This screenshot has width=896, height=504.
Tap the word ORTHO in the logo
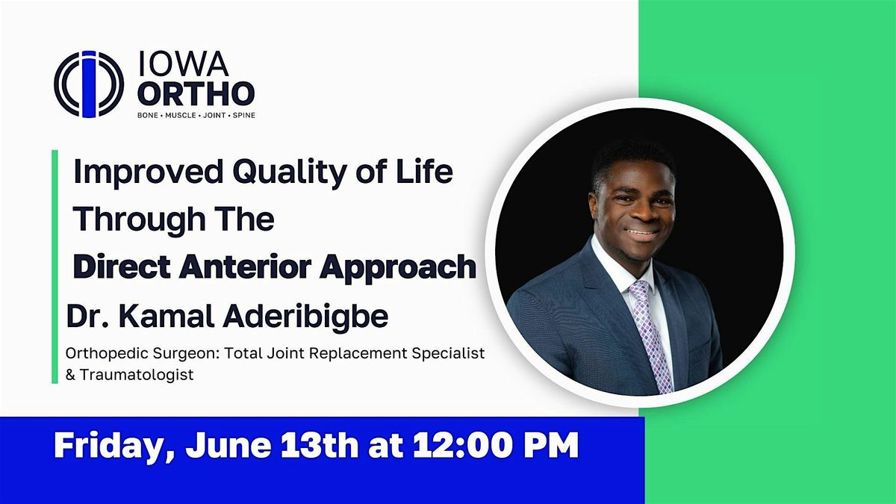coord(196,94)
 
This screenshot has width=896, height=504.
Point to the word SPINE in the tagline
coord(243,116)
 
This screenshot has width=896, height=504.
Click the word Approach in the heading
coord(415,267)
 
